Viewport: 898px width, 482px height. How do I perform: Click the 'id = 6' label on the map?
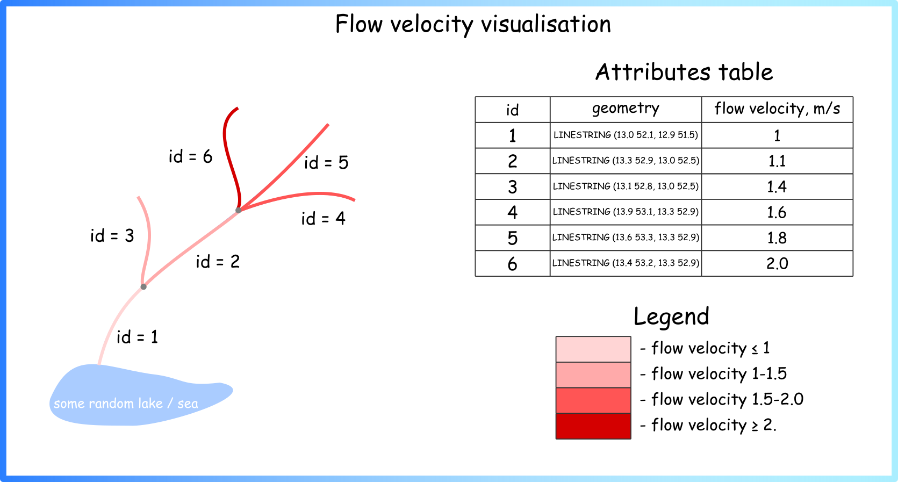(x=190, y=156)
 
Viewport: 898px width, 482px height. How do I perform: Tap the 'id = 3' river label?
(x=112, y=235)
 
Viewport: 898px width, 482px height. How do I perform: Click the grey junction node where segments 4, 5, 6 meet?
(x=239, y=210)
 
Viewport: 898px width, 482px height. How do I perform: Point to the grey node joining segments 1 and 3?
(x=143, y=287)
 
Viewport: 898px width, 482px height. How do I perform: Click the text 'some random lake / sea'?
(x=126, y=404)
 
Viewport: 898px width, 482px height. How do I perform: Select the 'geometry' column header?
(x=626, y=109)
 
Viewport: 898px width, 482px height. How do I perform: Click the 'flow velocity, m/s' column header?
(x=777, y=109)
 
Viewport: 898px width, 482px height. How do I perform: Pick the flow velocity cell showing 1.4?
(x=777, y=186)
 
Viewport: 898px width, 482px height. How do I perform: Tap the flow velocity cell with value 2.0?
(x=777, y=263)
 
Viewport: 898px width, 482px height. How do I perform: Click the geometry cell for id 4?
(x=626, y=212)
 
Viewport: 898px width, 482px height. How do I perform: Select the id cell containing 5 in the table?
(x=512, y=238)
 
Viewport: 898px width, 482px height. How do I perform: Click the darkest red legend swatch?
(x=593, y=426)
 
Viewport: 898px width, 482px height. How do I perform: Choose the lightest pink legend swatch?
(x=593, y=349)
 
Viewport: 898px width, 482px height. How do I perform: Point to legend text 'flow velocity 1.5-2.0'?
(x=727, y=399)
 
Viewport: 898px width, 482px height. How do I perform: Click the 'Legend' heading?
(x=672, y=316)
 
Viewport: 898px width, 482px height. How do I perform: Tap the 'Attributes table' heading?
(x=684, y=72)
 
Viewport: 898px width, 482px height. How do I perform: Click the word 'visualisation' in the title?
(x=546, y=24)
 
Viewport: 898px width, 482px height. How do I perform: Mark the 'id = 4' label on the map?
(x=323, y=219)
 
